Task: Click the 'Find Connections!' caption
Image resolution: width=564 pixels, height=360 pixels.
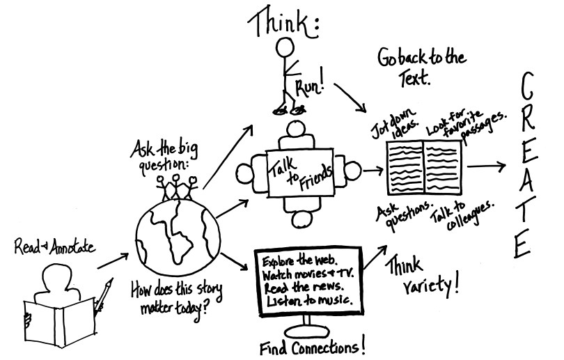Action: tap(311, 346)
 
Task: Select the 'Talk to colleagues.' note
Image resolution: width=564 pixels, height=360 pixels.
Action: tap(464, 212)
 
